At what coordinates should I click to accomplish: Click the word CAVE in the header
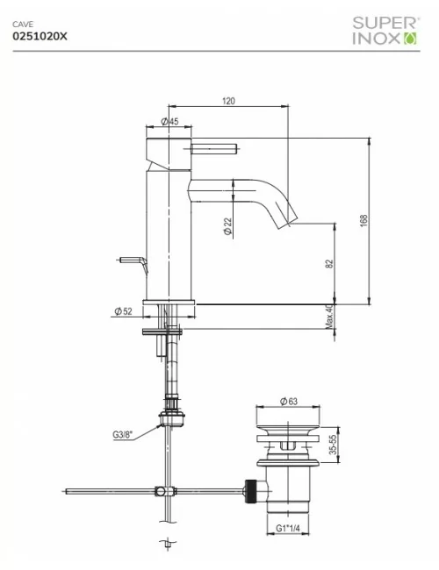23,25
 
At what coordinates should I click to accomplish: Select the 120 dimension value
227,101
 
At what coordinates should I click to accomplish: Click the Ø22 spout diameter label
227,226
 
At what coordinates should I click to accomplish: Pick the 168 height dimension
363,220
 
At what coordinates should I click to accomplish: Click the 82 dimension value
329,264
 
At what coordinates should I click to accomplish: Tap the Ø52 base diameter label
123,310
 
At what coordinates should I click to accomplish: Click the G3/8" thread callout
124,433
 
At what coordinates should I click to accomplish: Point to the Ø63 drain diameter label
289,401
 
